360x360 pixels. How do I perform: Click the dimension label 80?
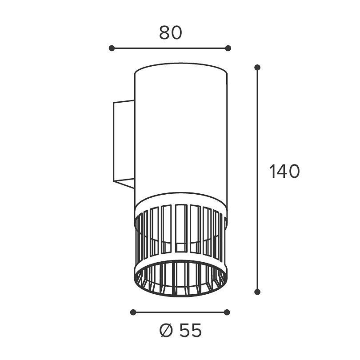click(x=170, y=33)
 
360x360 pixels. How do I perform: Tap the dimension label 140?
click(x=284, y=171)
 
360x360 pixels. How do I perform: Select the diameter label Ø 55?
click(x=180, y=330)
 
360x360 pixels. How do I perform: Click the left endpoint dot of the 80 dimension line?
click(x=112, y=48)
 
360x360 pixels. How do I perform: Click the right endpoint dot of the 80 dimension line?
click(x=228, y=48)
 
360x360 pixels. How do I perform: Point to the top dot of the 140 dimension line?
click(x=257, y=68)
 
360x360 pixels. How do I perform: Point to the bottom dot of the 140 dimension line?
click(x=257, y=292)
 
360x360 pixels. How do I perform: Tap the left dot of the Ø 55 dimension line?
click(x=133, y=312)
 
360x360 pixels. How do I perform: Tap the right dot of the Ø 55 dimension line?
click(x=227, y=312)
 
